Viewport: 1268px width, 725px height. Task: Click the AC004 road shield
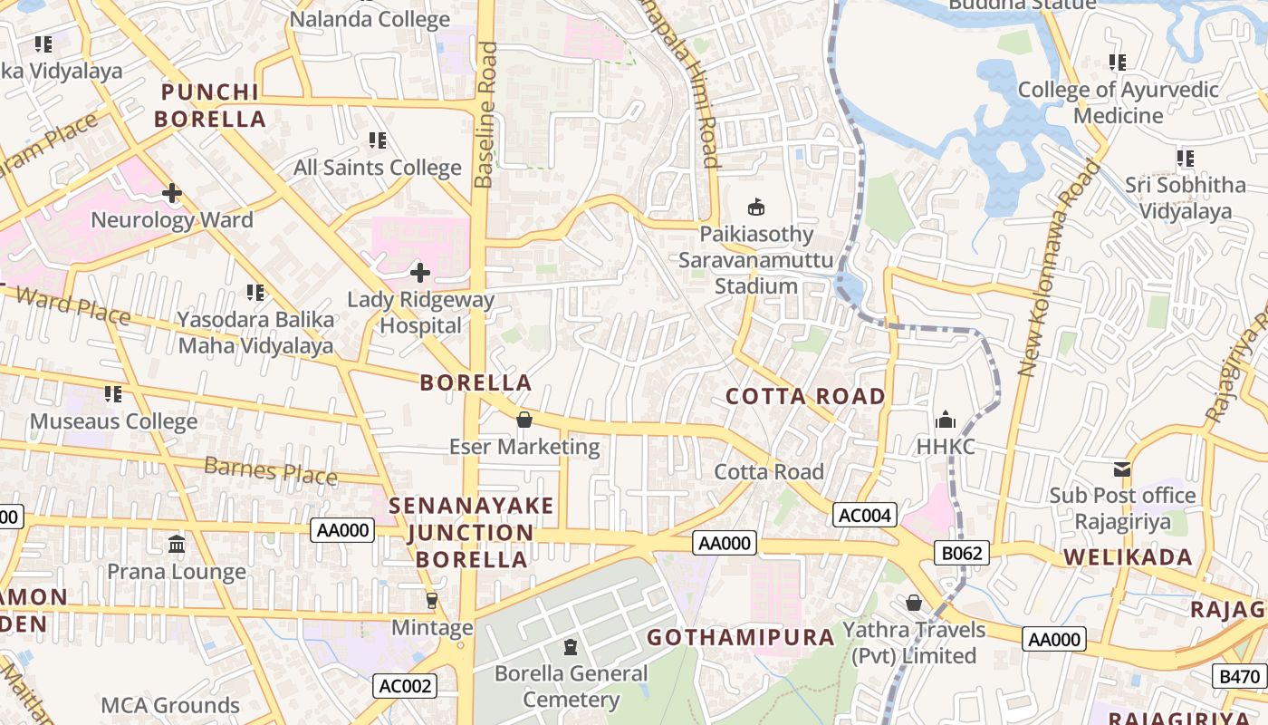865,516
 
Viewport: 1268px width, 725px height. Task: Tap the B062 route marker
962,553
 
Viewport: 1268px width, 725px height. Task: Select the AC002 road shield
405,686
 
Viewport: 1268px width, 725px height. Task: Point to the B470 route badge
1239,675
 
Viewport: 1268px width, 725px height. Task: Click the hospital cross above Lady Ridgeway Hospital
420,272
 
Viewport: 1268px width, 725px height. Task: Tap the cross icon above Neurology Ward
172,193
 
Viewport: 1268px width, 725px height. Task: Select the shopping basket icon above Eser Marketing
524,420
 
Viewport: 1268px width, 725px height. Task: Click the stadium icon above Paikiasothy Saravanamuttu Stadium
756,207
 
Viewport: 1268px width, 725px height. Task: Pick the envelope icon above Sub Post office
1122,469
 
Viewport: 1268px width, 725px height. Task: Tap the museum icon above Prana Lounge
177,545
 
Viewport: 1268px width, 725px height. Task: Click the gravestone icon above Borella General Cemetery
571,647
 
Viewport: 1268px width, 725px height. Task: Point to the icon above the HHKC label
946,420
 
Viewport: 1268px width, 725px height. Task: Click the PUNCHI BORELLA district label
210,105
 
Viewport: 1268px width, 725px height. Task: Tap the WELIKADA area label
1128,556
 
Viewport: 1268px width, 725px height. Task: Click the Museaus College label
113,421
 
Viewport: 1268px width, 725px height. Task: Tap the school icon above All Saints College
378,140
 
